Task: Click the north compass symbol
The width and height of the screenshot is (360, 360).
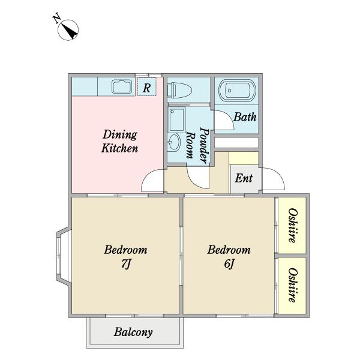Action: tap(68, 30)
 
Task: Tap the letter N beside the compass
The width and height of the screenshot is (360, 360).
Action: tap(56, 19)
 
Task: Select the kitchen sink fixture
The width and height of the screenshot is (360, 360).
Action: tap(122, 86)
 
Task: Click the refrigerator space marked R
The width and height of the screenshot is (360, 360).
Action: tap(147, 87)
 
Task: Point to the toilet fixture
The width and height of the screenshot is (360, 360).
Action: tap(179, 90)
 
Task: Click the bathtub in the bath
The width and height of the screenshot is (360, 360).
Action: tap(237, 91)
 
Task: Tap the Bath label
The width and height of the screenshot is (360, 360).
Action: tap(245, 117)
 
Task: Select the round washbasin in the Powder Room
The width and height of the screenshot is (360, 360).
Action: tap(174, 142)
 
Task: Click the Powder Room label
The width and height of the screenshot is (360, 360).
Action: tap(198, 145)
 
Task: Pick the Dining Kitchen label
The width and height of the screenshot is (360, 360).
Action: tap(120, 141)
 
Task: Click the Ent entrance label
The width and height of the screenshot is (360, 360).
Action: tap(244, 178)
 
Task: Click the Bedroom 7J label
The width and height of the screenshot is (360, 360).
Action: tap(125, 256)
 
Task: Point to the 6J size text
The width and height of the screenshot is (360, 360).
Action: tap(229, 263)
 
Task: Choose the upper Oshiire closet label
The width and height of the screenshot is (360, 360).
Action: tap(293, 226)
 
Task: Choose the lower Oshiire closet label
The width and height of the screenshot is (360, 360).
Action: tap(293, 285)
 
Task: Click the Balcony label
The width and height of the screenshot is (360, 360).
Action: tap(133, 332)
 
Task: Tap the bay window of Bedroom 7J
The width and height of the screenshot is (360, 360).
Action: tap(62, 256)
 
